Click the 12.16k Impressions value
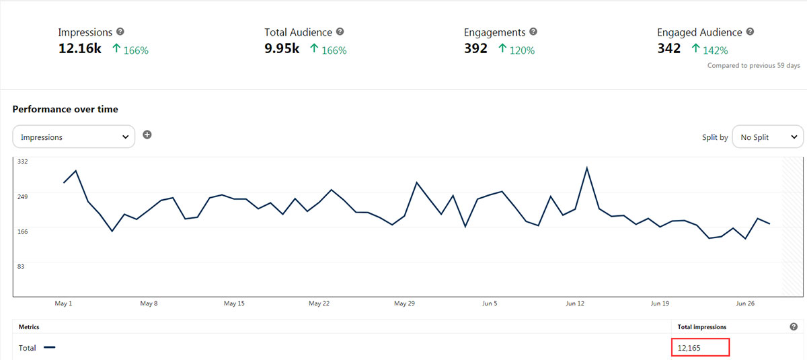tap(79, 48)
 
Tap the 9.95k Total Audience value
tap(282, 48)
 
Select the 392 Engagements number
tap(475, 48)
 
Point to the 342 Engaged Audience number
tap(669, 48)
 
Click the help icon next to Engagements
tap(533, 32)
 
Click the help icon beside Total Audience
tap(340, 32)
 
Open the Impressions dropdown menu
tap(74, 137)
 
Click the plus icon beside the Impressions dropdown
tap(147, 135)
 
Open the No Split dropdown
tap(767, 137)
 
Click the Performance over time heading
tap(65, 109)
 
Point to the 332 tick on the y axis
tap(23, 161)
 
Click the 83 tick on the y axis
tap(22, 266)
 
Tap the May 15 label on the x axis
tap(234, 303)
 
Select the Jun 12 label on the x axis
tap(575, 303)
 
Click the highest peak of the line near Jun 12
tap(587, 168)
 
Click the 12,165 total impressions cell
tap(700, 347)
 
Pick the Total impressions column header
tap(702, 327)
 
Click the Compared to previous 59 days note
tap(753, 65)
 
